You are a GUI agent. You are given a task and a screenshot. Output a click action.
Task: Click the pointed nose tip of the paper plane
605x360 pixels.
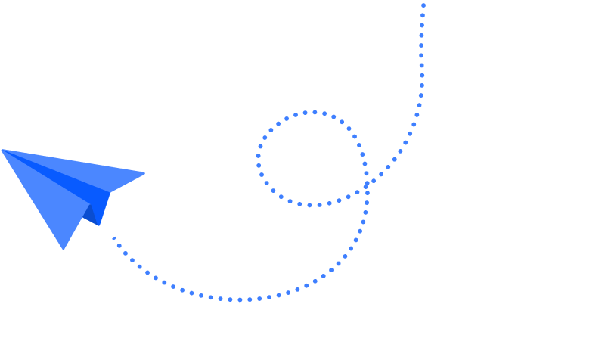click(3, 151)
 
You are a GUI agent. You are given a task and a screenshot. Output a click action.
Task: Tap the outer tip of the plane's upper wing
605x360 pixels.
click(143, 174)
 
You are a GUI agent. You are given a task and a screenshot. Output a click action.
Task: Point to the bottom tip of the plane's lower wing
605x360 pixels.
click(64, 247)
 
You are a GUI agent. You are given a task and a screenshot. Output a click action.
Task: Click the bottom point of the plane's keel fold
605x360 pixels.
click(99, 225)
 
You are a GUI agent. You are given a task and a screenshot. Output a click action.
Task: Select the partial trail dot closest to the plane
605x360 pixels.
click(114, 238)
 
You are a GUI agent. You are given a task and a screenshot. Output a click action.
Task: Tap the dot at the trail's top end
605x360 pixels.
click(423, 5)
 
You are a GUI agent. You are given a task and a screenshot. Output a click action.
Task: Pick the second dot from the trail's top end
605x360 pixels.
click(423, 15)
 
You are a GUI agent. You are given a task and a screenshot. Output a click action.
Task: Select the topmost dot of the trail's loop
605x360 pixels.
click(314, 113)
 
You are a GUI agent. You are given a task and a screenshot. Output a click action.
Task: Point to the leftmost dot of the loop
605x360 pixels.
click(259, 159)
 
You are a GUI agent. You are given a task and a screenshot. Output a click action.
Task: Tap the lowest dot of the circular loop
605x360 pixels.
click(309, 205)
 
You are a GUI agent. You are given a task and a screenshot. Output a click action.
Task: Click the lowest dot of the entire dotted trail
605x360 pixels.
click(240, 299)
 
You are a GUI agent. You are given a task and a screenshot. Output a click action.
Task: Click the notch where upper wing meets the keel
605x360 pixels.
click(110, 192)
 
